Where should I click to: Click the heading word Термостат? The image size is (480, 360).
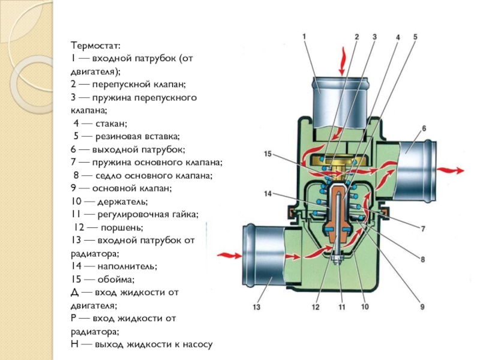point(95,46)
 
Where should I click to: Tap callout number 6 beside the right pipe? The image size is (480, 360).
point(424,128)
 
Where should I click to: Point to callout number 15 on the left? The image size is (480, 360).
point(268,154)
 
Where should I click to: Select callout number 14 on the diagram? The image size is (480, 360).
point(268,194)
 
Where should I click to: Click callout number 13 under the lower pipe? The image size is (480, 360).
point(256,308)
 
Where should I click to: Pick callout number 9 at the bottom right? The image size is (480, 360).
point(422,307)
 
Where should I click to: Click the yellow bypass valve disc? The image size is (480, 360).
point(339,162)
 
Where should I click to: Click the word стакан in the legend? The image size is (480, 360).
point(112,124)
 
